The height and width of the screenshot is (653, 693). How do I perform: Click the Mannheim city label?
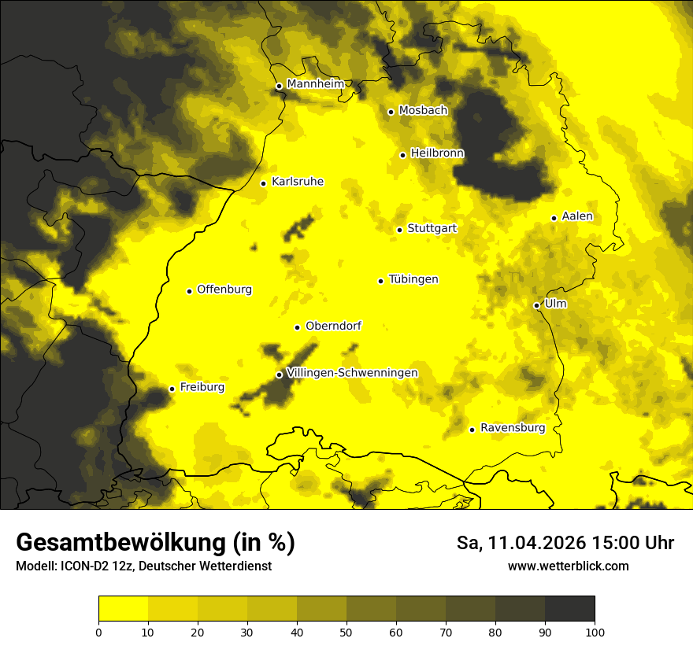(x=315, y=84)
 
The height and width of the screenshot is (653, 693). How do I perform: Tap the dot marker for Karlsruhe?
(x=264, y=183)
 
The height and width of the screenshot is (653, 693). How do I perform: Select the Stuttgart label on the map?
(x=432, y=228)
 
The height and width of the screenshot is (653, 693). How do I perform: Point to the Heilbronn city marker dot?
(x=402, y=155)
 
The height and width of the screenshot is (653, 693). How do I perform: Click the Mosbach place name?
(x=423, y=110)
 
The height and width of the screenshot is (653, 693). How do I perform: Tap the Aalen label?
(x=577, y=216)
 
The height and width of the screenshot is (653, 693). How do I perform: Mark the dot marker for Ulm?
(x=537, y=305)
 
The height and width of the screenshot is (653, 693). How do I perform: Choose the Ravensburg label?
(x=513, y=428)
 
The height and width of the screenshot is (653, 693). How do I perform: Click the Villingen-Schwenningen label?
(x=352, y=373)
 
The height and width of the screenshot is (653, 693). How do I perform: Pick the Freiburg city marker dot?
(x=172, y=389)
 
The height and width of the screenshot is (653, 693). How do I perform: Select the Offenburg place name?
(x=224, y=290)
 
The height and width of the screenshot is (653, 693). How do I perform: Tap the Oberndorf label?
(x=333, y=326)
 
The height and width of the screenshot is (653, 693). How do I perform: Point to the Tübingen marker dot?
(x=380, y=281)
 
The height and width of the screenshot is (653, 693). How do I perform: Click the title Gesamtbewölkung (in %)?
(x=155, y=543)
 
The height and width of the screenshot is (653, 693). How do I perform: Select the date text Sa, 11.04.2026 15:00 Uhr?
(x=565, y=543)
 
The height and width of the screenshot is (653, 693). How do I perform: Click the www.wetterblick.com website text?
(x=568, y=566)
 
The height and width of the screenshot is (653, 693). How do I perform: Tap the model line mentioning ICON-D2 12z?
(x=143, y=566)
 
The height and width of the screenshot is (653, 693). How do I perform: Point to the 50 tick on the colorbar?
(x=346, y=632)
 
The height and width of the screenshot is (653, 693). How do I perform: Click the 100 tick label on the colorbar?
(x=594, y=632)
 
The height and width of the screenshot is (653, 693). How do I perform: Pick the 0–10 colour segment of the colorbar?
(x=124, y=609)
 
